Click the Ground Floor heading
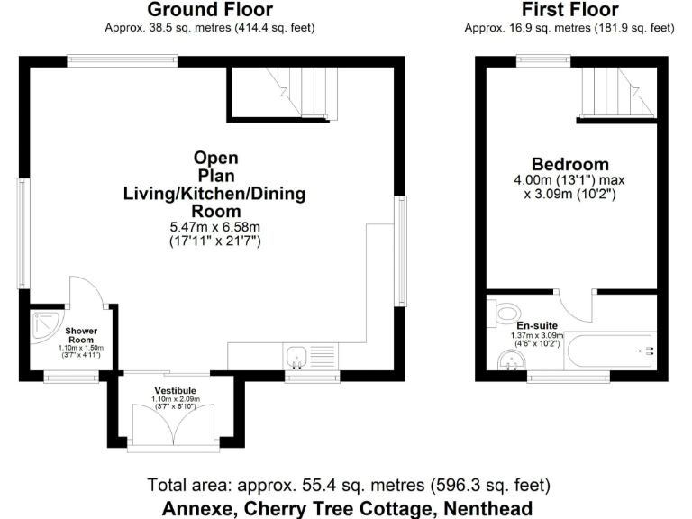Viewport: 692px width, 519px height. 210,9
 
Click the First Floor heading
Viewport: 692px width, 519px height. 569,9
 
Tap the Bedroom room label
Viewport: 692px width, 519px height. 569,164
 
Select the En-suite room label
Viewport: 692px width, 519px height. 537,325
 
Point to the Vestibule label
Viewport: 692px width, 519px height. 175,390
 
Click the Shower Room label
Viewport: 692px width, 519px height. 81,335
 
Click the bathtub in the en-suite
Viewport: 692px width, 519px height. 610,351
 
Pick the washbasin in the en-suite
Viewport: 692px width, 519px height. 512,360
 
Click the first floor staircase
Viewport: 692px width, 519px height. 617,92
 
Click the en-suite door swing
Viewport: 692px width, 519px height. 574,306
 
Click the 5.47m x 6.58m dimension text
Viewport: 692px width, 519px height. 215,227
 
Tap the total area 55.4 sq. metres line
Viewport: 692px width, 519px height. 349,486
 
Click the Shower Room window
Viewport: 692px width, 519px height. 71,377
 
